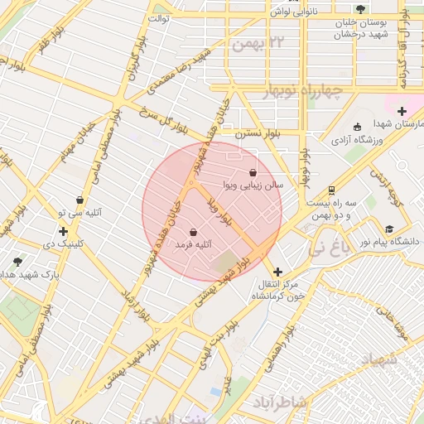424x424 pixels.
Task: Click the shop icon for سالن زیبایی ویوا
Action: pyautogui.click(x=253, y=172)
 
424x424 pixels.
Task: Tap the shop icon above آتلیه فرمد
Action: pyautogui.click(x=193, y=233)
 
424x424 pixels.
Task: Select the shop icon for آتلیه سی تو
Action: pyautogui.click(x=79, y=200)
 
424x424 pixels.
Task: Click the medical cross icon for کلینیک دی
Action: pyautogui.click(x=63, y=231)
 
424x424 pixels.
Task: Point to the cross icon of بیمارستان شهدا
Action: pyautogui.click(x=402, y=111)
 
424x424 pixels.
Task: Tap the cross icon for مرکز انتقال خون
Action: pyautogui.click(x=277, y=272)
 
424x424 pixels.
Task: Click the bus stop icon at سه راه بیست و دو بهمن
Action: pyautogui.click(x=332, y=190)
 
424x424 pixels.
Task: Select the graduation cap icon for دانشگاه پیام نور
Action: pyautogui.click(x=389, y=229)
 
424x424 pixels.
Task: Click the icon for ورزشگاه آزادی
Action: pyautogui.click(x=357, y=128)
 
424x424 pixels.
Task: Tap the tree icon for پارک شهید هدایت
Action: pyautogui.click(x=17, y=261)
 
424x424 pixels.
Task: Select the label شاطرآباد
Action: pyautogui.click(x=278, y=402)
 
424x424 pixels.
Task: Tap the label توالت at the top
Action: pyautogui.click(x=158, y=17)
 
